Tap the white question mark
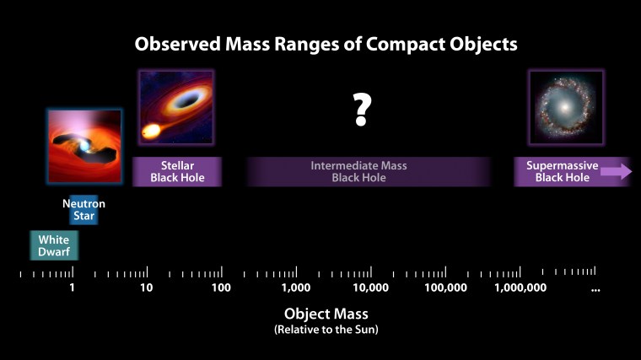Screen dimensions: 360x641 (362, 110)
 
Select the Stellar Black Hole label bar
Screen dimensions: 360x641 (177, 172)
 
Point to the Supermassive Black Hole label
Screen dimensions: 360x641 (562, 172)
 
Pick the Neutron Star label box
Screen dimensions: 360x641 (83, 210)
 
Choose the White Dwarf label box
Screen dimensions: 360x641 (54, 245)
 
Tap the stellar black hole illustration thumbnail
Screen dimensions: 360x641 (175, 107)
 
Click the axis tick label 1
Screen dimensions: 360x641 (73, 288)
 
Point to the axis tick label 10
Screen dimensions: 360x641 (146, 288)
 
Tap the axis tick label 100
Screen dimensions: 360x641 (221, 288)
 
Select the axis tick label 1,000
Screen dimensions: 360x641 (296, 288)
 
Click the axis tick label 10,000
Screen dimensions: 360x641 (370, 288)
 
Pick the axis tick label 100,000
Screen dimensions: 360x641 (445, 288)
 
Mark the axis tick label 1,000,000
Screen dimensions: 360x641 (520, 288)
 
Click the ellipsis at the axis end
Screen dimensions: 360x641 (595, 289)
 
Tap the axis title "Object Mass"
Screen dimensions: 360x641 (320, 314)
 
